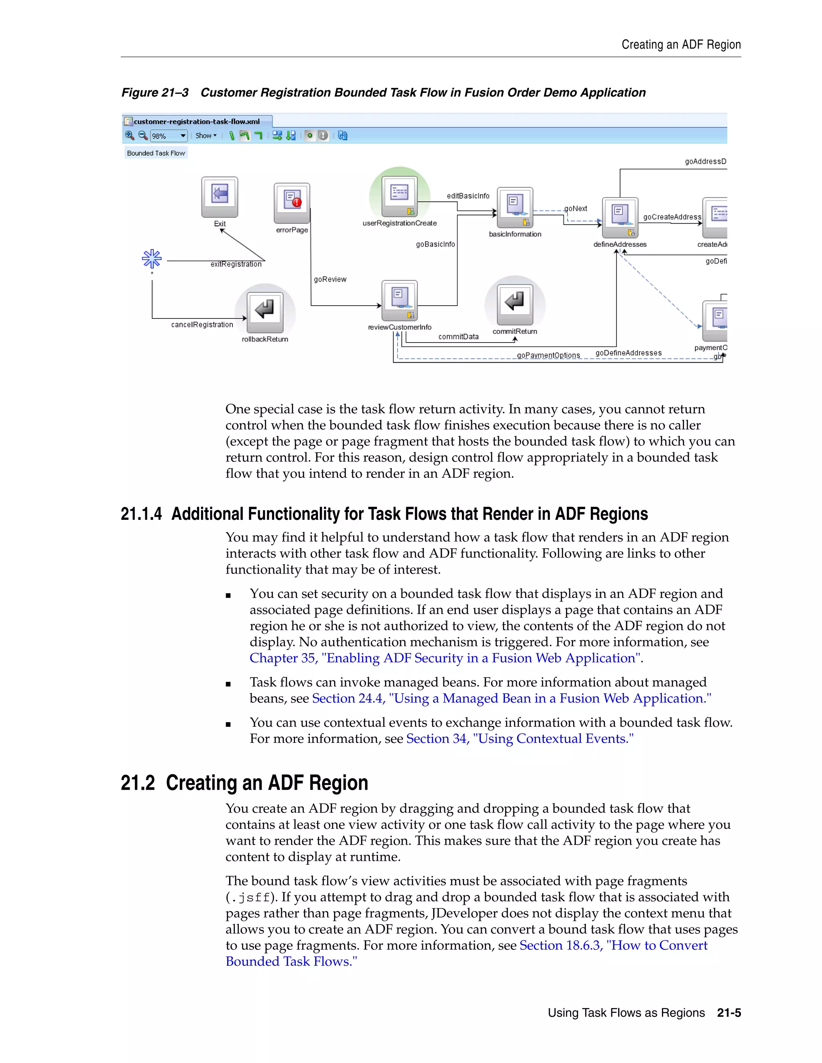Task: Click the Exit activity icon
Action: coord(220,196)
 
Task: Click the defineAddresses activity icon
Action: coord(620,217)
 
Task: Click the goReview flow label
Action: coord(330,279)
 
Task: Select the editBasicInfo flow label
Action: coord(468,196)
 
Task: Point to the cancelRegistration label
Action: coord(202,325)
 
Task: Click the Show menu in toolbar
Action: coord(205,136)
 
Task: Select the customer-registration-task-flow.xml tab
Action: coord(196,122)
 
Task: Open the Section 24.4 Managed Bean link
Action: coord(511,698)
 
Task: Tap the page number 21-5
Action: coord(728,1013)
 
